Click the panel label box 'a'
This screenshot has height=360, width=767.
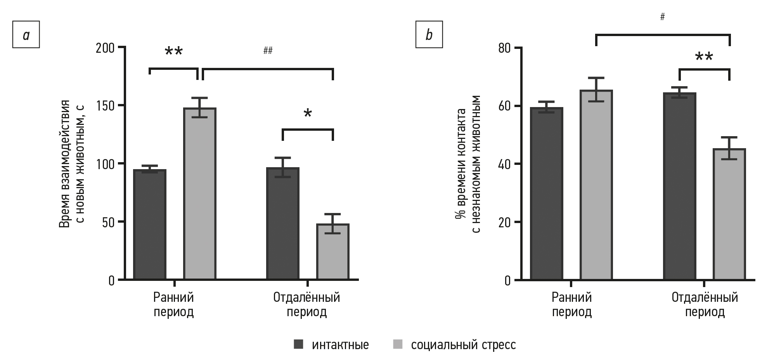(x=26, y=35)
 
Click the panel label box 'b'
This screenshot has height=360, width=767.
(x=429, y=35)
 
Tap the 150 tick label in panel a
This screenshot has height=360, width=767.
(x=106, y=106)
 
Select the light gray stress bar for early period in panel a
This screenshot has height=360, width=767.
(x=200, y=194)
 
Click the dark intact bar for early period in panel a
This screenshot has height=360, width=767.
(x=150, y=225)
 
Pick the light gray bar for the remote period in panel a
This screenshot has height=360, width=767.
(x=333, y=252)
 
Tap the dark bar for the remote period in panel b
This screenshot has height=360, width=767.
(x=680, y=186)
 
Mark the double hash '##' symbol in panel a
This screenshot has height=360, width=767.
(x=268, y=50)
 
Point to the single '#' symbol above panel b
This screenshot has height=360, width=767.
(x=663, y=17)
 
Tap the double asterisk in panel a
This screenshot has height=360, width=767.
(x=173, y=52)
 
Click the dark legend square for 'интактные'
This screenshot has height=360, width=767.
(x=298, y=344)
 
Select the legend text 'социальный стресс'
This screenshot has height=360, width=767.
(x=463, y=344)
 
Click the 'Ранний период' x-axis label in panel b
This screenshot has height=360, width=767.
(x=572, y=305)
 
